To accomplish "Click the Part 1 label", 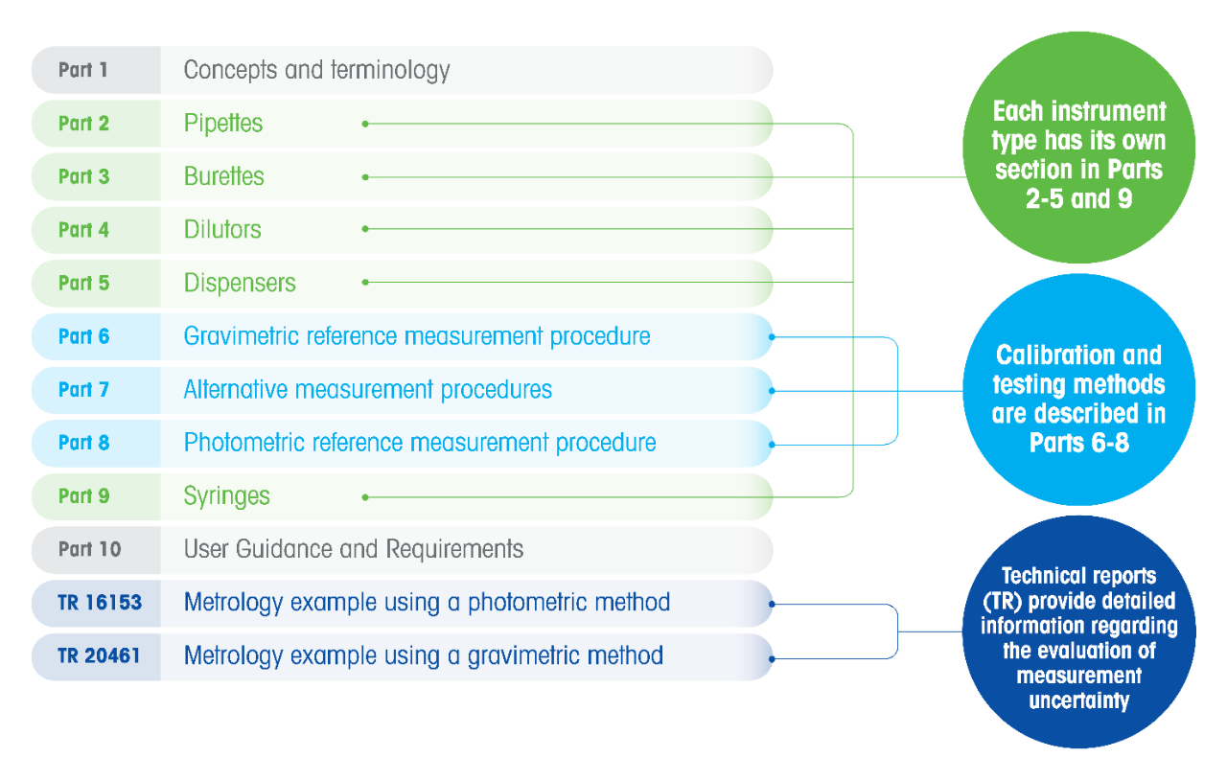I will [82, 71].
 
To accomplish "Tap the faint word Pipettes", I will [223, 124].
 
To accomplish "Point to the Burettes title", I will [224, 177].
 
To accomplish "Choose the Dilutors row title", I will [221, 231].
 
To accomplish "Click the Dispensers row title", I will [240, 284].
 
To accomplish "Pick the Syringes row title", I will [224, 497].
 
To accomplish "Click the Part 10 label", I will [89, 550].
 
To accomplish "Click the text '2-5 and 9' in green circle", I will [1079, 199].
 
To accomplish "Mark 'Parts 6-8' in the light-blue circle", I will [1079, 444].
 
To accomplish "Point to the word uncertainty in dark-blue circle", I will [1078, 700].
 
